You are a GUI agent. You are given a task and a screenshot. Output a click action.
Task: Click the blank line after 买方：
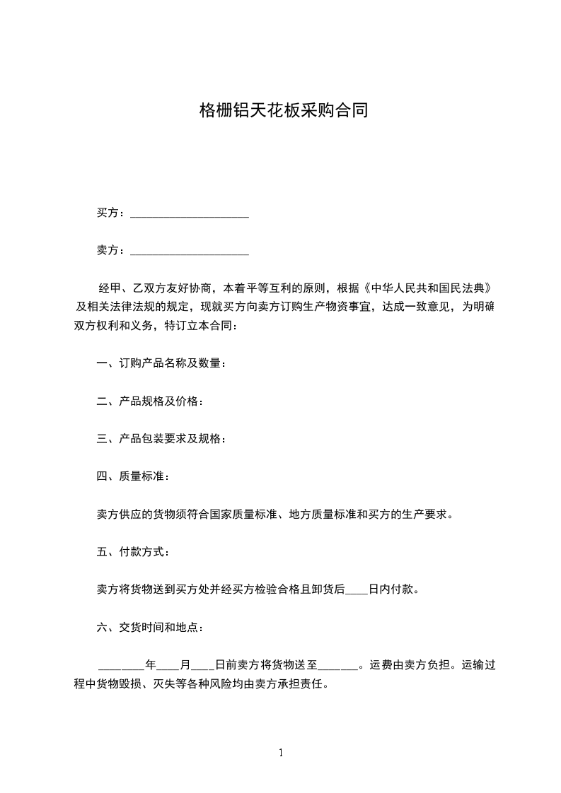click(x=190, y=213)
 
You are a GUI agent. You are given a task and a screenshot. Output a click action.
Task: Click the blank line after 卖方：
click(x=190, y=251)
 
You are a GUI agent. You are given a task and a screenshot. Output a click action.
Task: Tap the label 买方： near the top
click(x=112, y=213)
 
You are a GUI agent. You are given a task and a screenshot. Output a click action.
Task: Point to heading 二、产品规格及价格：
click(x=150, y=401)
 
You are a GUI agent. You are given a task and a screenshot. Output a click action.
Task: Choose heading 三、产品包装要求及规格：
click(x=161, y=439)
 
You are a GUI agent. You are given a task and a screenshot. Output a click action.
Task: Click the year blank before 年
click(x=121, y=665)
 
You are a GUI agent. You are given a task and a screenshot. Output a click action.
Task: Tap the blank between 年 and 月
click(x=168, y=665)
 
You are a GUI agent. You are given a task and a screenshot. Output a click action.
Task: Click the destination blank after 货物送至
click(x=339, y=665)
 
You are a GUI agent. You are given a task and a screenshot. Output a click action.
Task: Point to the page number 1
click(x=281, y=753)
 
